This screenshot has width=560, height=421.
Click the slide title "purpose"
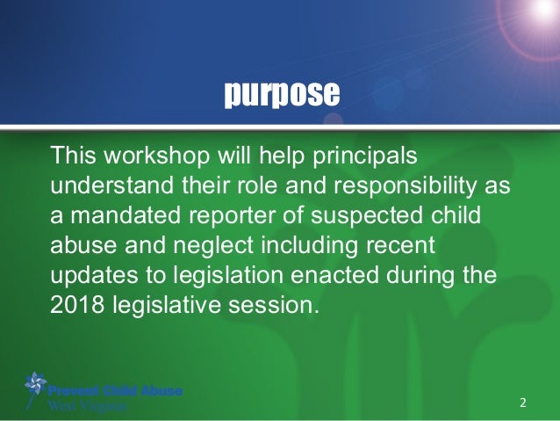point(279,94)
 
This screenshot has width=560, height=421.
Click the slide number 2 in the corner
point(523,403)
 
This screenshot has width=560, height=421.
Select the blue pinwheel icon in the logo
point(35,385)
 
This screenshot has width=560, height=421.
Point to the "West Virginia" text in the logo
point(88,406)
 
